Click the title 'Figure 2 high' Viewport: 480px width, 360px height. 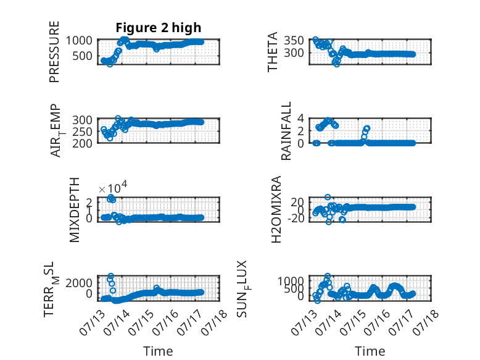159,28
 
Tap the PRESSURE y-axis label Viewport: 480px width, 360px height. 54,52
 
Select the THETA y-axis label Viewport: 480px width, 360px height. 272,52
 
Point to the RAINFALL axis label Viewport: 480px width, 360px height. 286,131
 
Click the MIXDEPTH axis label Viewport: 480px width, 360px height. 75,210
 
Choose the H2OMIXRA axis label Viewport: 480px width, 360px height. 276,209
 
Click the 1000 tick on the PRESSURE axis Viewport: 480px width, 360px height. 79,40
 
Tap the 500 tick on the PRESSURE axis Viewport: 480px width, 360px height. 82,56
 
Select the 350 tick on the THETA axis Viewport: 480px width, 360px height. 294,40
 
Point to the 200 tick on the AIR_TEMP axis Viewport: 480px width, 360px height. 82,143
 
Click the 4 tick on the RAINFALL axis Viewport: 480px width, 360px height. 300,118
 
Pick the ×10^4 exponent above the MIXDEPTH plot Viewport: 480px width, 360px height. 113,187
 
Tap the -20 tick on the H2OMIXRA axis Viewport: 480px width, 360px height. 296,219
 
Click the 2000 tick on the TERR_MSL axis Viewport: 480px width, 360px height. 79,283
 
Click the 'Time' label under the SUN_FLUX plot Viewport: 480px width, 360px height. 370,351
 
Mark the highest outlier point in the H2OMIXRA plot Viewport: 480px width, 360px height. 328,198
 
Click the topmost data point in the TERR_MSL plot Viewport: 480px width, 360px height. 111,276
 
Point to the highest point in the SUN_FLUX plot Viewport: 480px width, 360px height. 328,276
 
